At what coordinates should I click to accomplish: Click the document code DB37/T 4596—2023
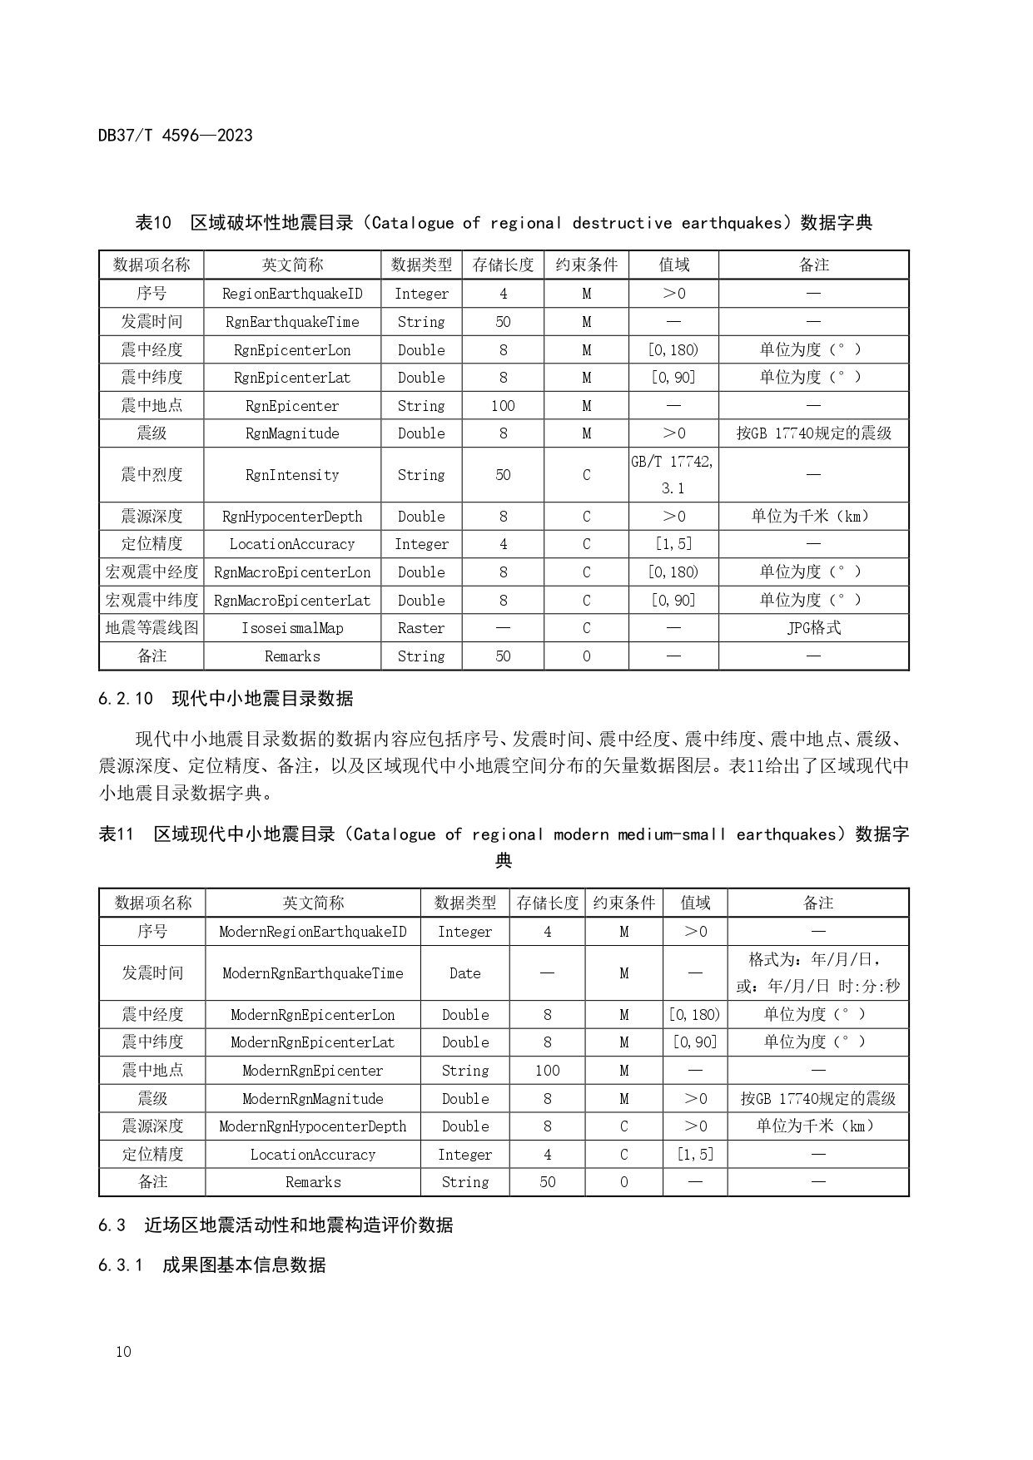(175, 136)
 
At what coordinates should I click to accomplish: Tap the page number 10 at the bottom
(123, 1352)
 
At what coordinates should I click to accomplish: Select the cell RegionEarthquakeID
(292, 294)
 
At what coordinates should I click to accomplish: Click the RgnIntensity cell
(292, 475)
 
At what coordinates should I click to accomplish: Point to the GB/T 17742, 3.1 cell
(673, 474)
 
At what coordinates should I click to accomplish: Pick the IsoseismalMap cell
(292, 628)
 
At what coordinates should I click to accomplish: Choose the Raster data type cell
(421, 628)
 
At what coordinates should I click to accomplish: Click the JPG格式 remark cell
(813, 628)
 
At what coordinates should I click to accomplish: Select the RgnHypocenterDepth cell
(292, 517)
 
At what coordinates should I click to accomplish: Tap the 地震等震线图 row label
(151, 628)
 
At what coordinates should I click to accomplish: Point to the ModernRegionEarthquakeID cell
(313, 932)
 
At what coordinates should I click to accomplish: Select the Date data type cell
(464, 973)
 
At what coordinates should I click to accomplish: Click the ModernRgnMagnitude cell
(313, 1099)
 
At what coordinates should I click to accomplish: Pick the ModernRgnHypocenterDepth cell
(313, 1126)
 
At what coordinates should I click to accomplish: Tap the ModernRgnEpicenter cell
(313, 1071)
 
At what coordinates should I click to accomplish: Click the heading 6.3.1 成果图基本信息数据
(211, 1265)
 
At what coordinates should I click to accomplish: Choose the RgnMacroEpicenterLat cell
(292, 601)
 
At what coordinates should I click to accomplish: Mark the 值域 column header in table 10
(673, 265)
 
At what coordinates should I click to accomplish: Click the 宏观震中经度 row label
(151, 572)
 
